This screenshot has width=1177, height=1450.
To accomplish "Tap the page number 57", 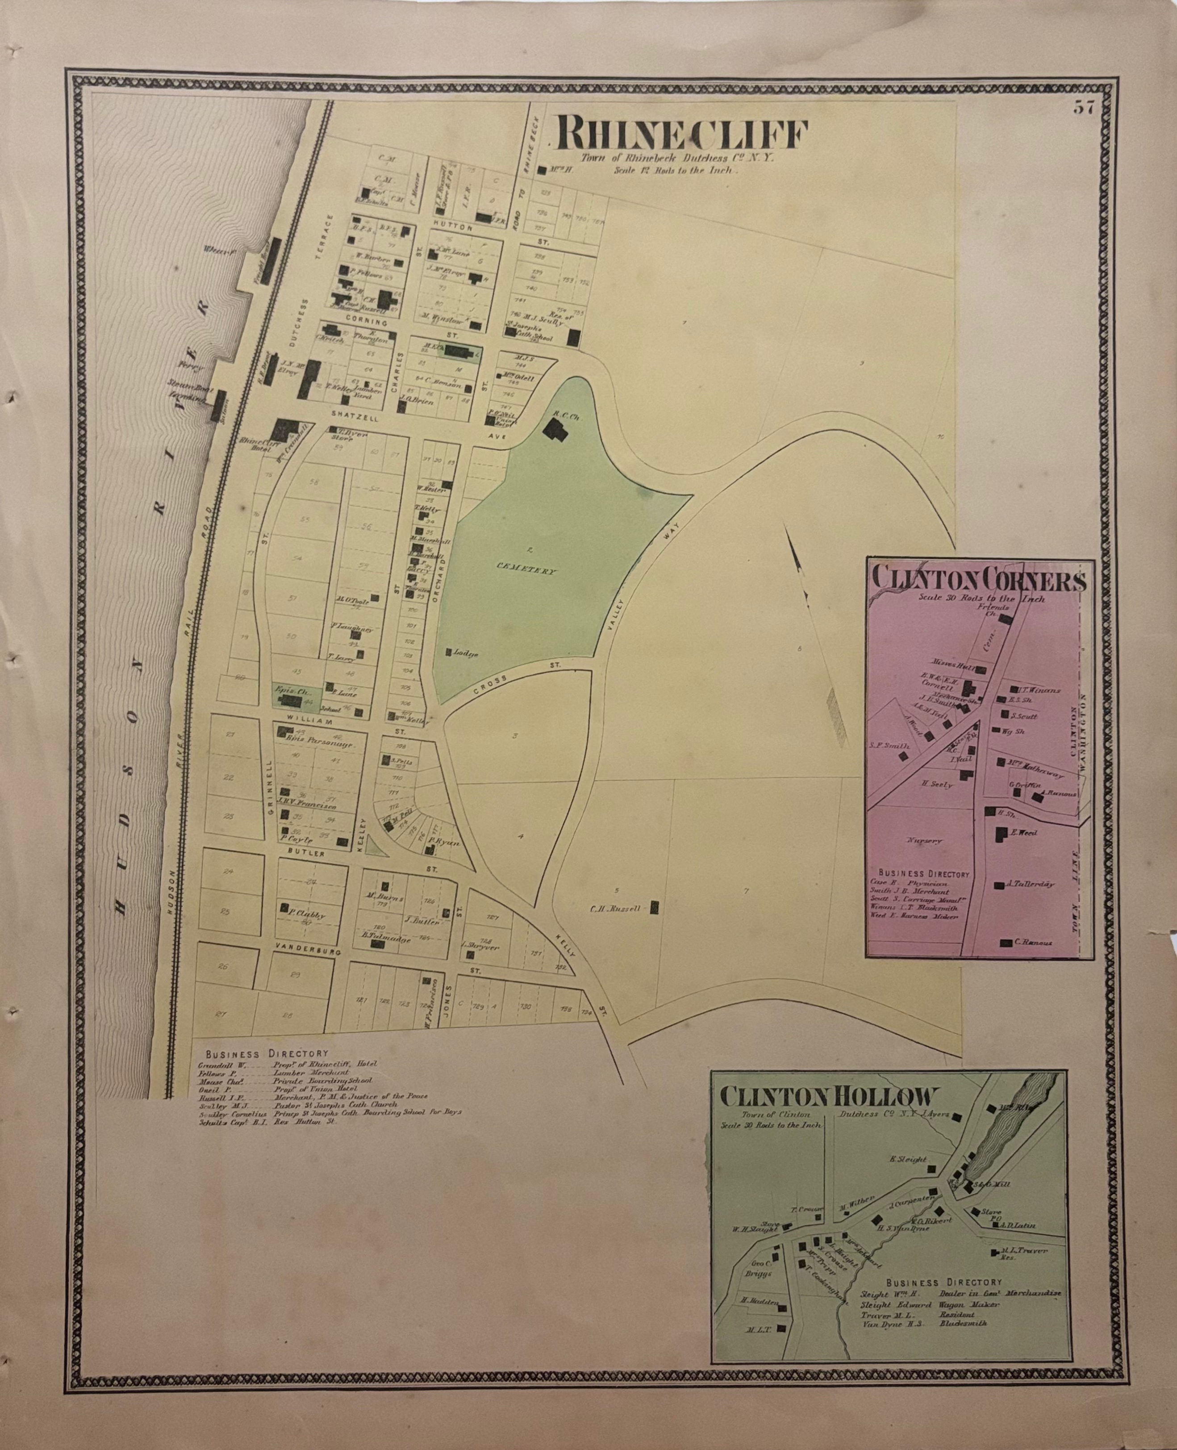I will (x=1083, y=108).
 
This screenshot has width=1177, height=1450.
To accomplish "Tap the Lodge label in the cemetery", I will (x=467, y=654).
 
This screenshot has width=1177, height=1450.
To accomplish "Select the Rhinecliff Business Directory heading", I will (x=267, y=1055).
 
